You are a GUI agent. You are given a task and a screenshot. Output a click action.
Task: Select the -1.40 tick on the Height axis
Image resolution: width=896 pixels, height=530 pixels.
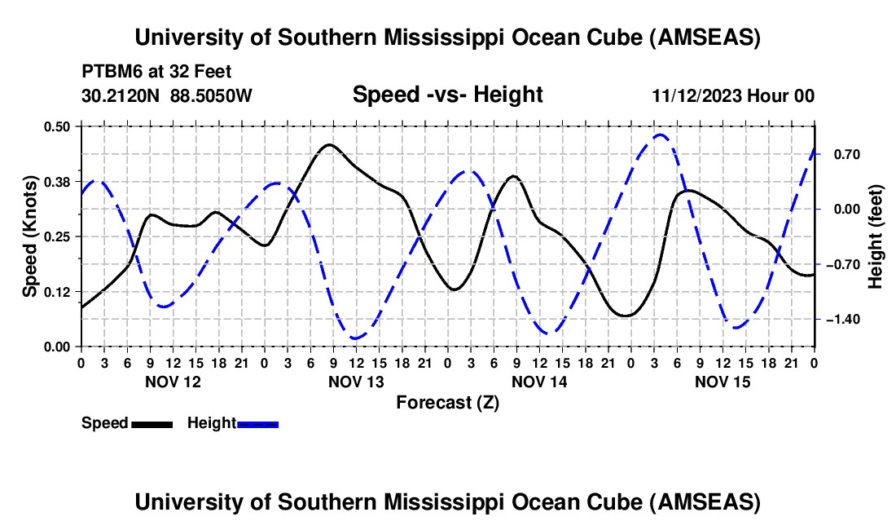[x=844, y=319]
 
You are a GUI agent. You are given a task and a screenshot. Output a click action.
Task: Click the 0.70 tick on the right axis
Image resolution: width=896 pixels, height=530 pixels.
[x=844, y=154]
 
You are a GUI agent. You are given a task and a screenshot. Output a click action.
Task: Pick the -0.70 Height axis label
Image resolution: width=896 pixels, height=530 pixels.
[x=844, y=264]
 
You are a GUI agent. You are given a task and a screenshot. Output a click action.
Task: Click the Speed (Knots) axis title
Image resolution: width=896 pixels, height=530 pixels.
[x=29, y=236]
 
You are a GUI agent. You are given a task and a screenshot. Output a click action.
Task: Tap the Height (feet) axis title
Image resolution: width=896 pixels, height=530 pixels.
[x=876, y=236]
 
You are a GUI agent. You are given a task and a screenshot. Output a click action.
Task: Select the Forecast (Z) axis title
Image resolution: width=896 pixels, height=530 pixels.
[x=447, y=402]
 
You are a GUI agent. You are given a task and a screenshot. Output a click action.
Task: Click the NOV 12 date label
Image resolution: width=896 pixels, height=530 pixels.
[x=172, y=382]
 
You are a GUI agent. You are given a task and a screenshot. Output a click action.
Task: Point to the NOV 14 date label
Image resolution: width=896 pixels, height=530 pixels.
[x=539, y=382]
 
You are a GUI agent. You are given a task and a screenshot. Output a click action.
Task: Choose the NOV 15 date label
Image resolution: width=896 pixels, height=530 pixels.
[x=723, y=382]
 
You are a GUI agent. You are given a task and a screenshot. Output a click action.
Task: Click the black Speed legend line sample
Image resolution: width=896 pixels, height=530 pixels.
[x=152, y=423]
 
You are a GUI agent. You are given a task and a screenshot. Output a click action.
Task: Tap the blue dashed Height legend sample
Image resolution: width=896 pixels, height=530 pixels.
[x=258, y=423]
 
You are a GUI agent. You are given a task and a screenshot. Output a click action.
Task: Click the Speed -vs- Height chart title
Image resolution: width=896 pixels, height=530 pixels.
[x=447, y=95]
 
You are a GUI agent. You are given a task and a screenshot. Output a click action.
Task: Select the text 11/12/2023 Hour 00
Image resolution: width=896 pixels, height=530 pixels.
[x=733, y=95]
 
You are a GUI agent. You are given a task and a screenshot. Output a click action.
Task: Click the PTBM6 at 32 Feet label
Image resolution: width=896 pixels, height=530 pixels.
[x=156, y=71]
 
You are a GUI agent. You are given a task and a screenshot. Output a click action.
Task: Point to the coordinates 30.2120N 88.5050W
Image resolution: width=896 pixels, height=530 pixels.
[x=167, y=95]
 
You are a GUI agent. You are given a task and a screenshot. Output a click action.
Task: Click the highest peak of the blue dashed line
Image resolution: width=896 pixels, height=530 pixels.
[x=660, y=135]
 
